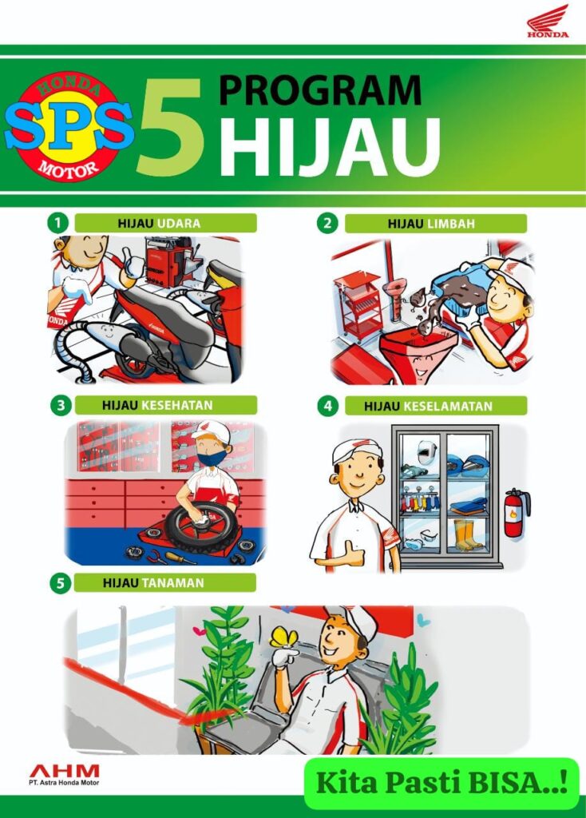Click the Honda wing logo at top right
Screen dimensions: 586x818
coord(548,21)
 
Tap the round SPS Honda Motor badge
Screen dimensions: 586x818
coord(69,126)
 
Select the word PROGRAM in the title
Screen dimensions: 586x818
coord(319,90)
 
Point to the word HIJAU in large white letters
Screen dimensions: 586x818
coord(330,147)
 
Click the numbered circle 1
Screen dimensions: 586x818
coord(57,223)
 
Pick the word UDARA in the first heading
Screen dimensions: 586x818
coord(179,224)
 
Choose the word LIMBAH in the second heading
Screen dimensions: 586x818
coord(451,224)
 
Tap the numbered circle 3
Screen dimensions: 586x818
coord(61,405)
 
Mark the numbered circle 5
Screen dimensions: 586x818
coord(60,582)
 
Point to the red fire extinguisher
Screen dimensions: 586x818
coord(516,513)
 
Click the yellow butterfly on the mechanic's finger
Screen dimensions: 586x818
coord(283,637)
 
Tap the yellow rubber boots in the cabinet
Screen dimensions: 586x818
coord(466,534)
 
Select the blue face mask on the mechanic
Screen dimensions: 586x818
coord(212,458)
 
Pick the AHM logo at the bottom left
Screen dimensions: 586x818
coord(64,774)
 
